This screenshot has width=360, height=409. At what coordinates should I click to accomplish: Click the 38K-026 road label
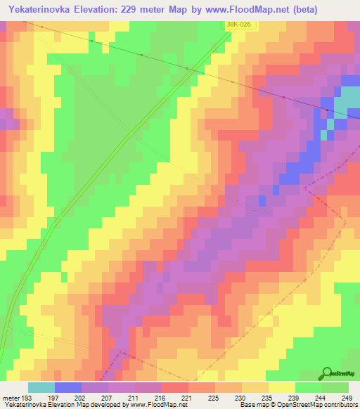[239, 25]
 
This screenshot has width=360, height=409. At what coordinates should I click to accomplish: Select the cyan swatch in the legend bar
[41, 387]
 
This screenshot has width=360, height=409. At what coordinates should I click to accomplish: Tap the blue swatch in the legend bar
[67, 387]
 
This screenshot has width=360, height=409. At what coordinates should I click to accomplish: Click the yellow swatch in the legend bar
[282, 387]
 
